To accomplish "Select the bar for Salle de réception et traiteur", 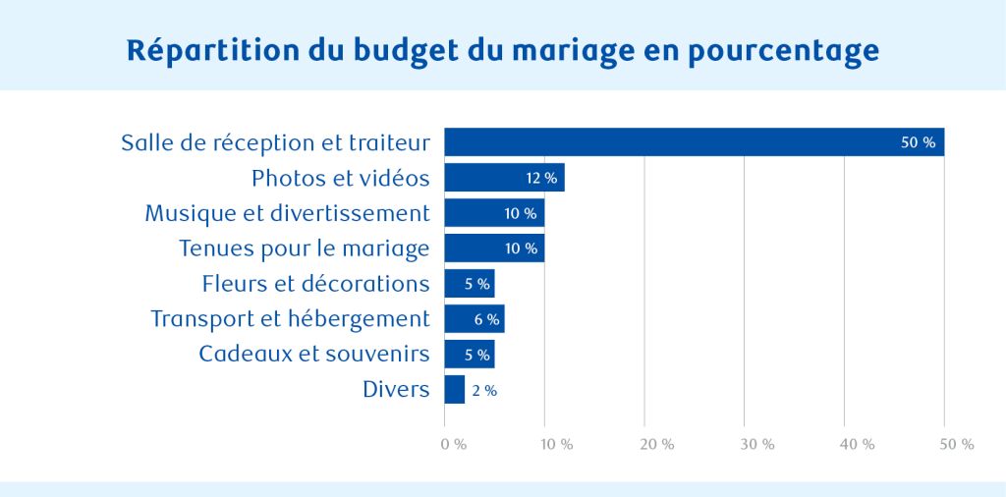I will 688,142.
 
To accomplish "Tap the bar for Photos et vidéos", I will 504,178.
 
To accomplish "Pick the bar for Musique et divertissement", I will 494,213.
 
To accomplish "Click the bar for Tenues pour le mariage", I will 494,248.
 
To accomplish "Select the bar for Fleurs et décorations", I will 470,284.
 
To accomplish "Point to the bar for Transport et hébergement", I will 475,319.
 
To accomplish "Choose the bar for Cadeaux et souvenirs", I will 470,355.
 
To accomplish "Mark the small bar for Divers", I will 455,390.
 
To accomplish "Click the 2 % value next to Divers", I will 484,391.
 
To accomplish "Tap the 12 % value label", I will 541,179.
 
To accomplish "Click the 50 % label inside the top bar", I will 918,143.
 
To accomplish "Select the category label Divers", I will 396,390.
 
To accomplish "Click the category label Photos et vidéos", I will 340,178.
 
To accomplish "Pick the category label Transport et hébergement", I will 290,319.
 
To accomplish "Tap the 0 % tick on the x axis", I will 453,445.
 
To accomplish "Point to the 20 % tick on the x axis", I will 657,445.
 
